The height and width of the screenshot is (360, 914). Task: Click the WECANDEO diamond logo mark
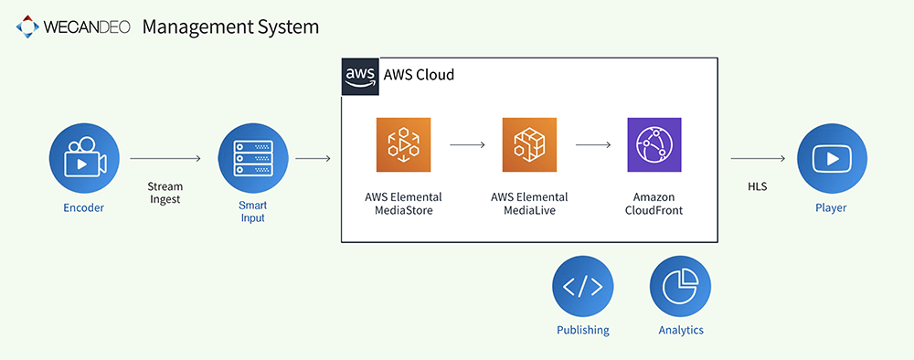[27, 26]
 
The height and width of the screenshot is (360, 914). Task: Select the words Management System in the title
[230, 27]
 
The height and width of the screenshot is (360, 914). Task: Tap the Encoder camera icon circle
[84, 158]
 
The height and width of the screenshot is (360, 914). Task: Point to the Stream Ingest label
[165, 193]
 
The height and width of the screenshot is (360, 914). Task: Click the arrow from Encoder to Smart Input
[165, 158]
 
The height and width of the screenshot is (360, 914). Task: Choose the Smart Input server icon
[253, 158]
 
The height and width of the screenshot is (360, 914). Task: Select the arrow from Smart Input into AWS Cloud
[313, 158]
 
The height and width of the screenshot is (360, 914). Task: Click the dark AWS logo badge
[359, 77]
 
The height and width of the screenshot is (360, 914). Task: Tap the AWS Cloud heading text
[419, 75]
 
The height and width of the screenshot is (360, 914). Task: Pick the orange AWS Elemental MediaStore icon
[403, 145]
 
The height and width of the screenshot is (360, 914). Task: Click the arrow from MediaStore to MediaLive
[467, 145]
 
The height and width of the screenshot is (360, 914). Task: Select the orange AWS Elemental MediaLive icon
[529, 145]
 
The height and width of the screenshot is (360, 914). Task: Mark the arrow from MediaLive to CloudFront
[593, 145]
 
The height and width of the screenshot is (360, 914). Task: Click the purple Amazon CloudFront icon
[654, 145]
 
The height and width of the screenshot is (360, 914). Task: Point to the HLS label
[757, 187]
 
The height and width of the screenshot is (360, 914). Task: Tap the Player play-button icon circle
[833, 158]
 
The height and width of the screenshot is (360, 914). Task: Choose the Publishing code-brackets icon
[583, 286]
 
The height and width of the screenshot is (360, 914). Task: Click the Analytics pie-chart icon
[680, 286]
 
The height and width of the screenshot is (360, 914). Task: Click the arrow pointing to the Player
[757, 158]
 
